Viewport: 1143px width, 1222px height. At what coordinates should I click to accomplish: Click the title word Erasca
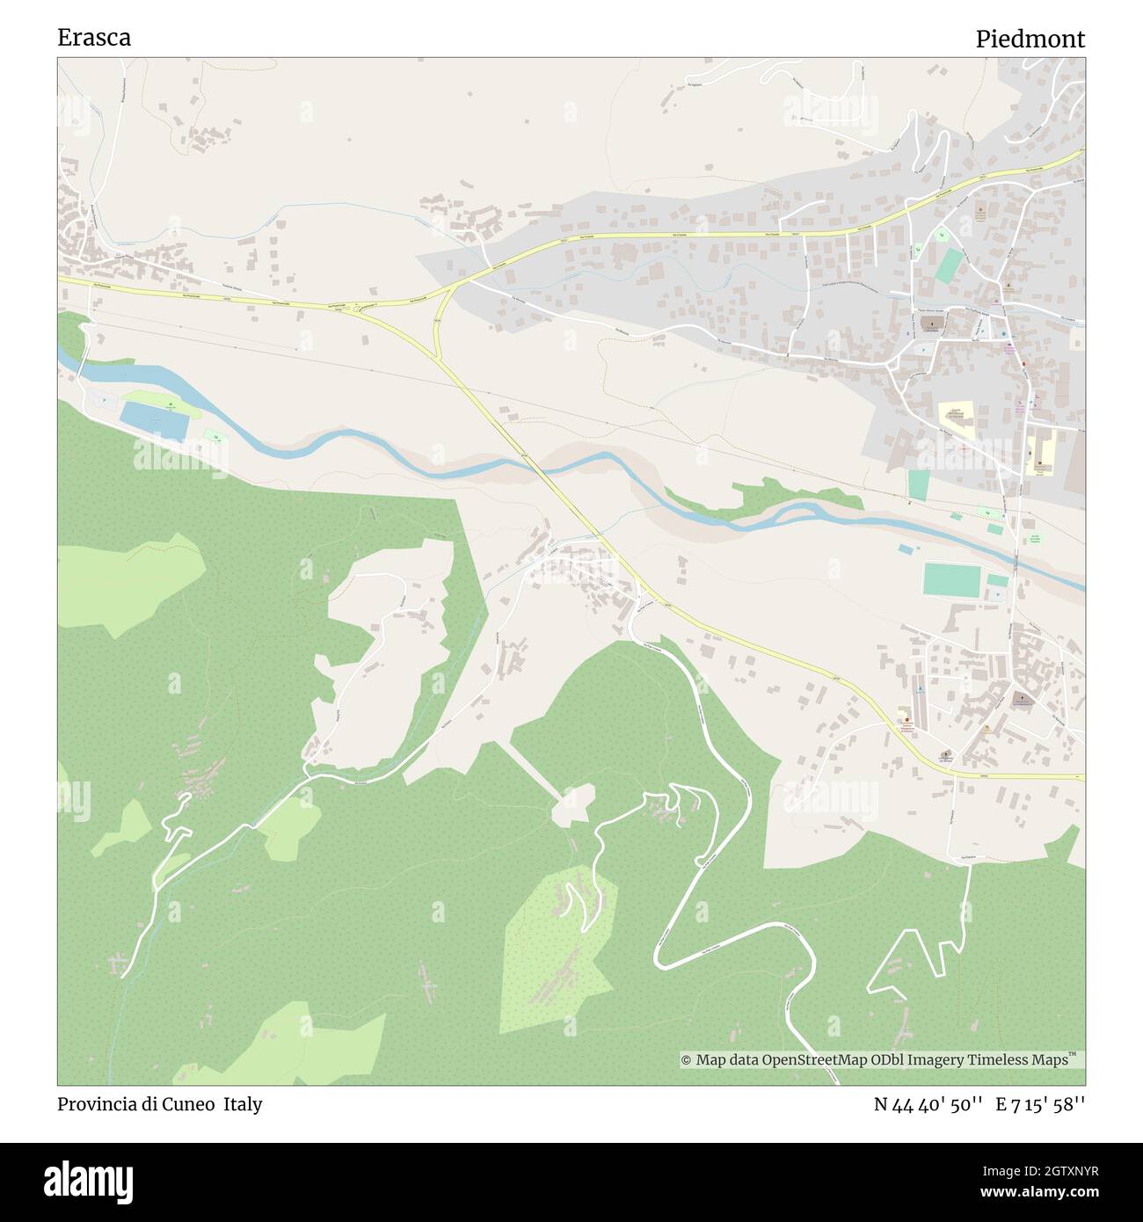click(x=94, y=38)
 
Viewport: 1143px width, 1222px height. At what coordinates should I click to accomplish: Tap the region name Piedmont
click(x=1030, y=39)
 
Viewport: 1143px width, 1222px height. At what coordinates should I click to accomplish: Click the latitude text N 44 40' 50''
click(x=928, y=1104)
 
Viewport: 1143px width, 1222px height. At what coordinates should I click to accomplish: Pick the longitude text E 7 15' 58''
click(x=1040, y=1104)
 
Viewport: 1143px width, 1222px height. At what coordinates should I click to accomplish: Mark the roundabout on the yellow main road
click(x=359, y=308)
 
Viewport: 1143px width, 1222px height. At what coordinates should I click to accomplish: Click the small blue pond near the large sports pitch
click(x=905, y=549)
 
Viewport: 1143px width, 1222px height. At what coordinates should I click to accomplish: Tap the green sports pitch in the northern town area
click(x=949, y=265)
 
